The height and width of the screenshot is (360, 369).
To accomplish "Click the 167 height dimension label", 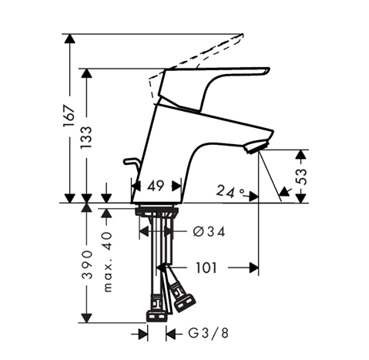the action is (x=69, y=116).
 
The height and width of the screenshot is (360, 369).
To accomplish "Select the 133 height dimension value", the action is (x=86, y=137).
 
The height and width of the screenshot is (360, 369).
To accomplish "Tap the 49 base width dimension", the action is (x=156, y=186).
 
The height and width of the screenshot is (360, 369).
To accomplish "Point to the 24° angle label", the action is (x=230, y=191).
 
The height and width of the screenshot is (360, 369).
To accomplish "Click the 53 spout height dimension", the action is (x=302, y=177).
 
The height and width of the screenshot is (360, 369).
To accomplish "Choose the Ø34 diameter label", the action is (x=209, y=231).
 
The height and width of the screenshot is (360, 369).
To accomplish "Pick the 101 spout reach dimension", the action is (x=206, y=267).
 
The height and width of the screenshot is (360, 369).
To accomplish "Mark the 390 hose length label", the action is (x=87, y=265).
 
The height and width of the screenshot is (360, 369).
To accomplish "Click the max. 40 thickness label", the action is (x=108, y=262).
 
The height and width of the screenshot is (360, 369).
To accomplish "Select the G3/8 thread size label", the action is (x=208, y=334).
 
